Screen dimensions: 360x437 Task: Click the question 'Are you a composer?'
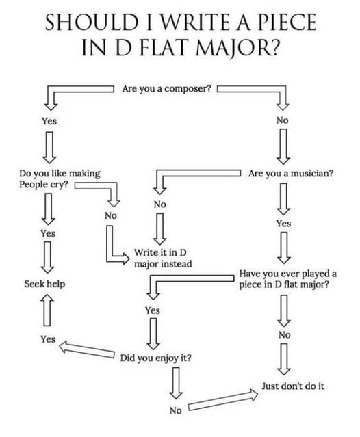[166, 89]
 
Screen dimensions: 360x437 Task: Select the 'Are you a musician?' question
[291, 174]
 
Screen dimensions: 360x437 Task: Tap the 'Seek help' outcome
[44, 284]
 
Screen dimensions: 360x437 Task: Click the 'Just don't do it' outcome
[293, 386]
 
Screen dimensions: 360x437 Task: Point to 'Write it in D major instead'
[163, 258]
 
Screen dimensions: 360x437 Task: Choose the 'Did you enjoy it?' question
[156, 358]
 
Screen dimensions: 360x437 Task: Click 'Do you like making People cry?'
[60, 179]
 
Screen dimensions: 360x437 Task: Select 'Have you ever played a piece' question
[287, 279]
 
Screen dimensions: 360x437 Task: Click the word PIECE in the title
[287, 22]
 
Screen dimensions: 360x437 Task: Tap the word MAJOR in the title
[237, 47]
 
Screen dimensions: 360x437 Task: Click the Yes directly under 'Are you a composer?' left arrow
[49, 121]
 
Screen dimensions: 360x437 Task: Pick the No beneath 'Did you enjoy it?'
[175, 410]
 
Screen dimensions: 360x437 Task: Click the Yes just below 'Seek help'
[48, 339]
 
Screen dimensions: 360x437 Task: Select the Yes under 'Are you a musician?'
[283, 224]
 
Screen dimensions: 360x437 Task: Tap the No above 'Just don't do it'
[284, 335]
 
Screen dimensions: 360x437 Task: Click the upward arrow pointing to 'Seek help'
[47, 310]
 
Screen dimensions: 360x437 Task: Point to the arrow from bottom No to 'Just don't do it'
[223, 400]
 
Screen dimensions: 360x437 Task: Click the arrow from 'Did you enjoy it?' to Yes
[87, 349]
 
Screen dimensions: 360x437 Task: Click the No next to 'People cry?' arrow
[111, 215]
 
